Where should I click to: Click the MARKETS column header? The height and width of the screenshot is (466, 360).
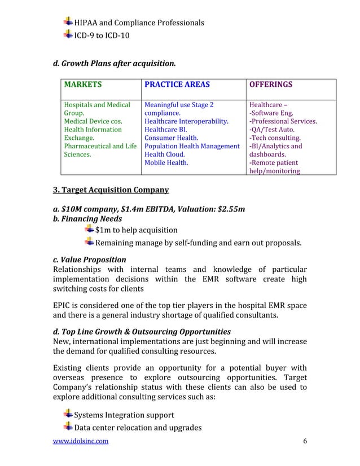click(x=83, y=85)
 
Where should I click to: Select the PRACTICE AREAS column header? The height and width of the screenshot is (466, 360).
click(x=177, y=85)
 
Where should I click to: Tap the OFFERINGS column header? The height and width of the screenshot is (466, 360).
click(x=271, y=85)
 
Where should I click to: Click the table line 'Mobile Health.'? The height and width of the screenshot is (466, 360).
click(x=166, y=162)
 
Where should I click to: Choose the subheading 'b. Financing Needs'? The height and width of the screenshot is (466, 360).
click(x=87, y=219)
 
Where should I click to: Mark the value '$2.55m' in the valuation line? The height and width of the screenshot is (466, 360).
click(x=231, y=210)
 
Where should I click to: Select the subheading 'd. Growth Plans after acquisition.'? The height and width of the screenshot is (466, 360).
click(x=114, y=61)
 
